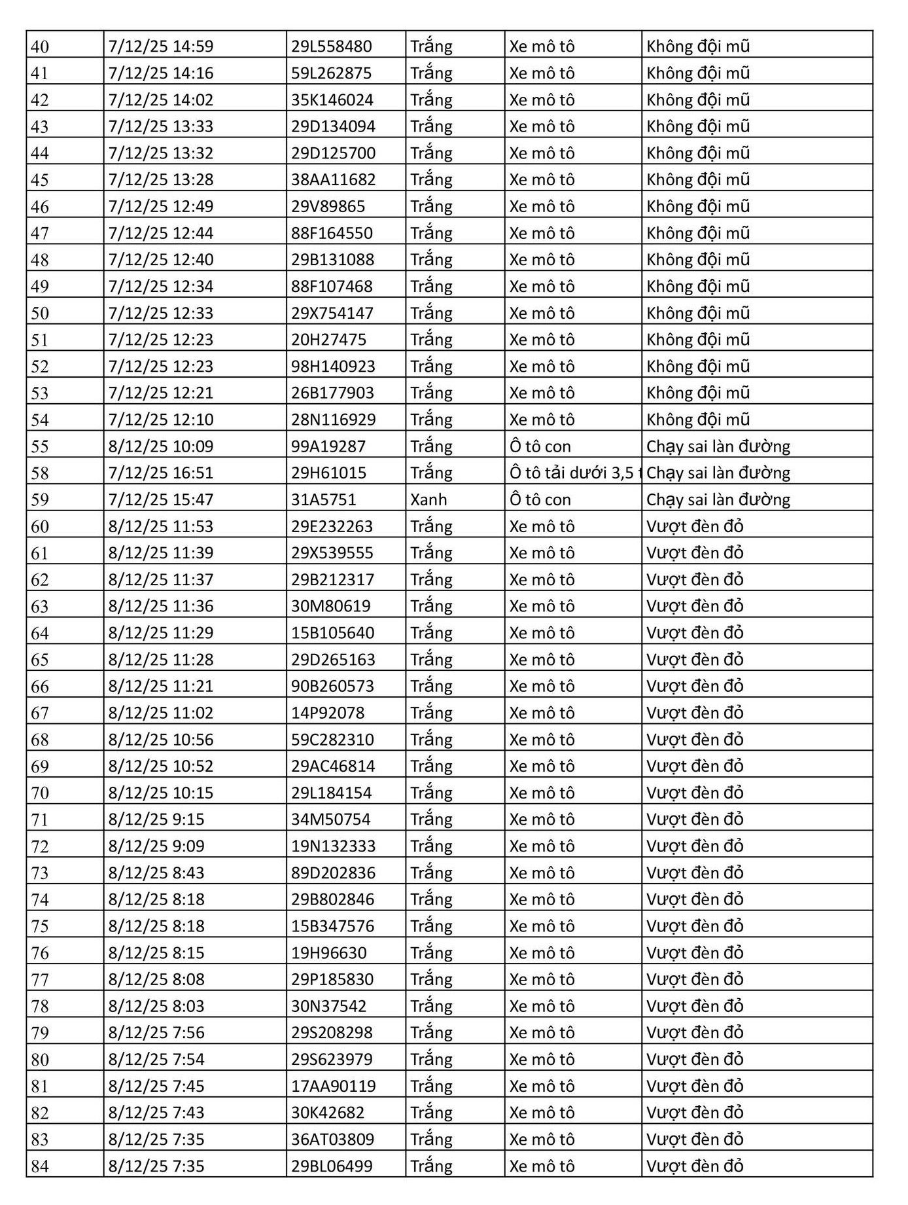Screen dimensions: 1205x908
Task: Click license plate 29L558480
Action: (331, 46)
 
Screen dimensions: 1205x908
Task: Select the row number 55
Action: (40, 446)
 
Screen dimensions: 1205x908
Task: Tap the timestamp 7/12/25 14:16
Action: (161, 73)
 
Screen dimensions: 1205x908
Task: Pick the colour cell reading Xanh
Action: (428, 500)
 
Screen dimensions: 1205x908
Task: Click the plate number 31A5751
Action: (324, 500)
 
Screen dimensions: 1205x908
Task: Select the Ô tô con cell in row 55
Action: (540, 446)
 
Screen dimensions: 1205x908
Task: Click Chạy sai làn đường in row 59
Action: (718, 500)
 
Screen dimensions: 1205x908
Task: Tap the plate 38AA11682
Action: (334, 180)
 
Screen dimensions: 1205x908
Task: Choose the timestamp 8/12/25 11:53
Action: (161, 527)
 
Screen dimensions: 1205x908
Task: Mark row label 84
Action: (40, 1166)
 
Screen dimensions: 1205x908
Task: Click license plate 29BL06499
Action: (332, 1166)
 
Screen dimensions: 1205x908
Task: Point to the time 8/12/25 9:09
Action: (156, 846)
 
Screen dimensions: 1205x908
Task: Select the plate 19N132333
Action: (334, 846)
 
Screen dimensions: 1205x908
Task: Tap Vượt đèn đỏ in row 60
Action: (695, 527)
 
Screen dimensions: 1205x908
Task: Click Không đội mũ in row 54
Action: (697, 420)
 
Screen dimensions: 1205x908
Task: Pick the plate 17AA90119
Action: (334, 1087)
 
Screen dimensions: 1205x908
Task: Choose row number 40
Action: (40, 47)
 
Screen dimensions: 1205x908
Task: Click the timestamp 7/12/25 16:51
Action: (161, 473)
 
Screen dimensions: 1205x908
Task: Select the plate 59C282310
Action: (332, 740)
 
